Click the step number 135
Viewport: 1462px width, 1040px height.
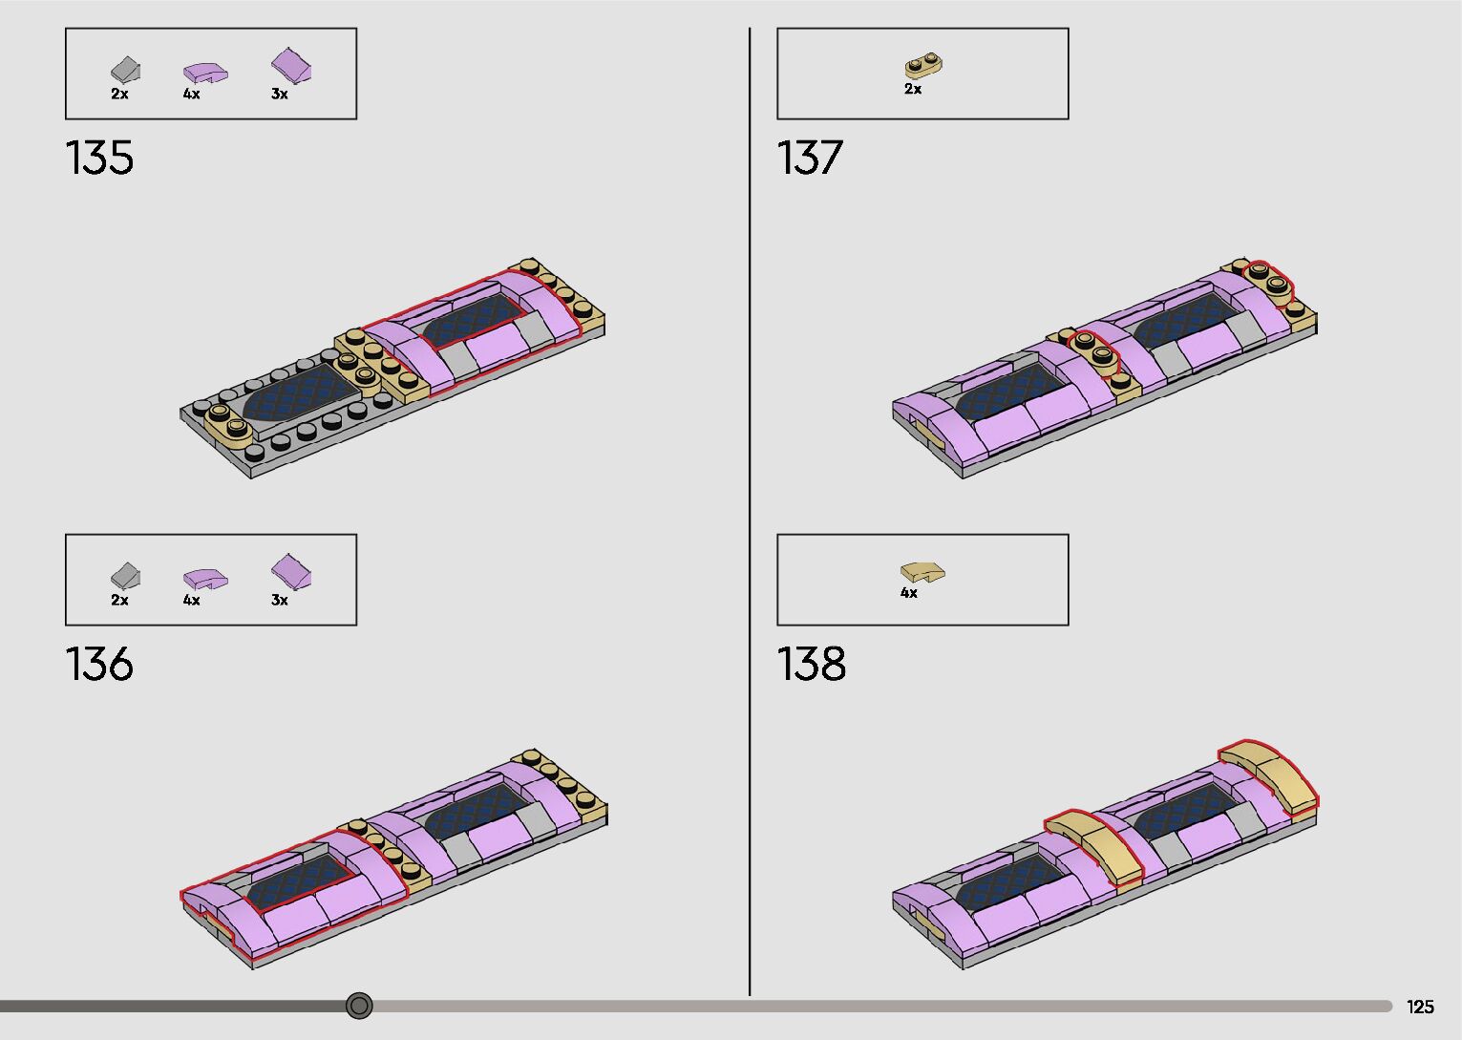pos(99,158)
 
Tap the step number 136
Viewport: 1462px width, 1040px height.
pos(99,664)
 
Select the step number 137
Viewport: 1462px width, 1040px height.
pos(810,158)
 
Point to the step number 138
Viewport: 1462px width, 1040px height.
pos(812,664)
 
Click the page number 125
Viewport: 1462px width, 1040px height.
pos(1420,1007)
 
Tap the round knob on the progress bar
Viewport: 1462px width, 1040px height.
pos(359,1006)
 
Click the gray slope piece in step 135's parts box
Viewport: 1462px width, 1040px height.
pos(126,70)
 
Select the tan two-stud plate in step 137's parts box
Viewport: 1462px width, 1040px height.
pos(923,66)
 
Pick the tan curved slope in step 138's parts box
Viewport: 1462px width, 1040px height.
pos(922,573)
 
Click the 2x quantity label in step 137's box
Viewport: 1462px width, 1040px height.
pos(913,89)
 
